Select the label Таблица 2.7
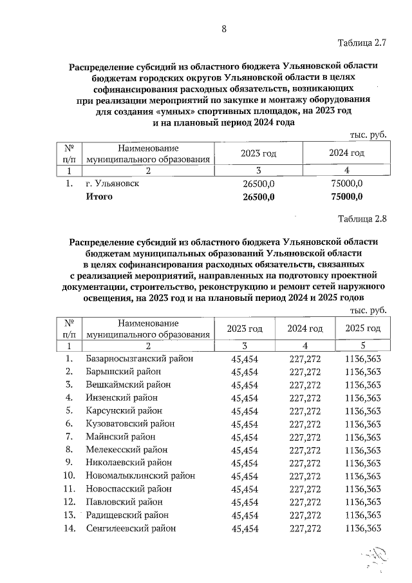[x=362, y=44]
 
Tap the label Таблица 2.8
[x=362, y=218]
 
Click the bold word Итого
[x=100, y=196]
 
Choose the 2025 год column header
[x=363, y=329]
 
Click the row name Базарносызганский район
[x=139, y=358]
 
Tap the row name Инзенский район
[x=122, y=397]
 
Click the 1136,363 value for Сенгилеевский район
[x=363, y=528]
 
